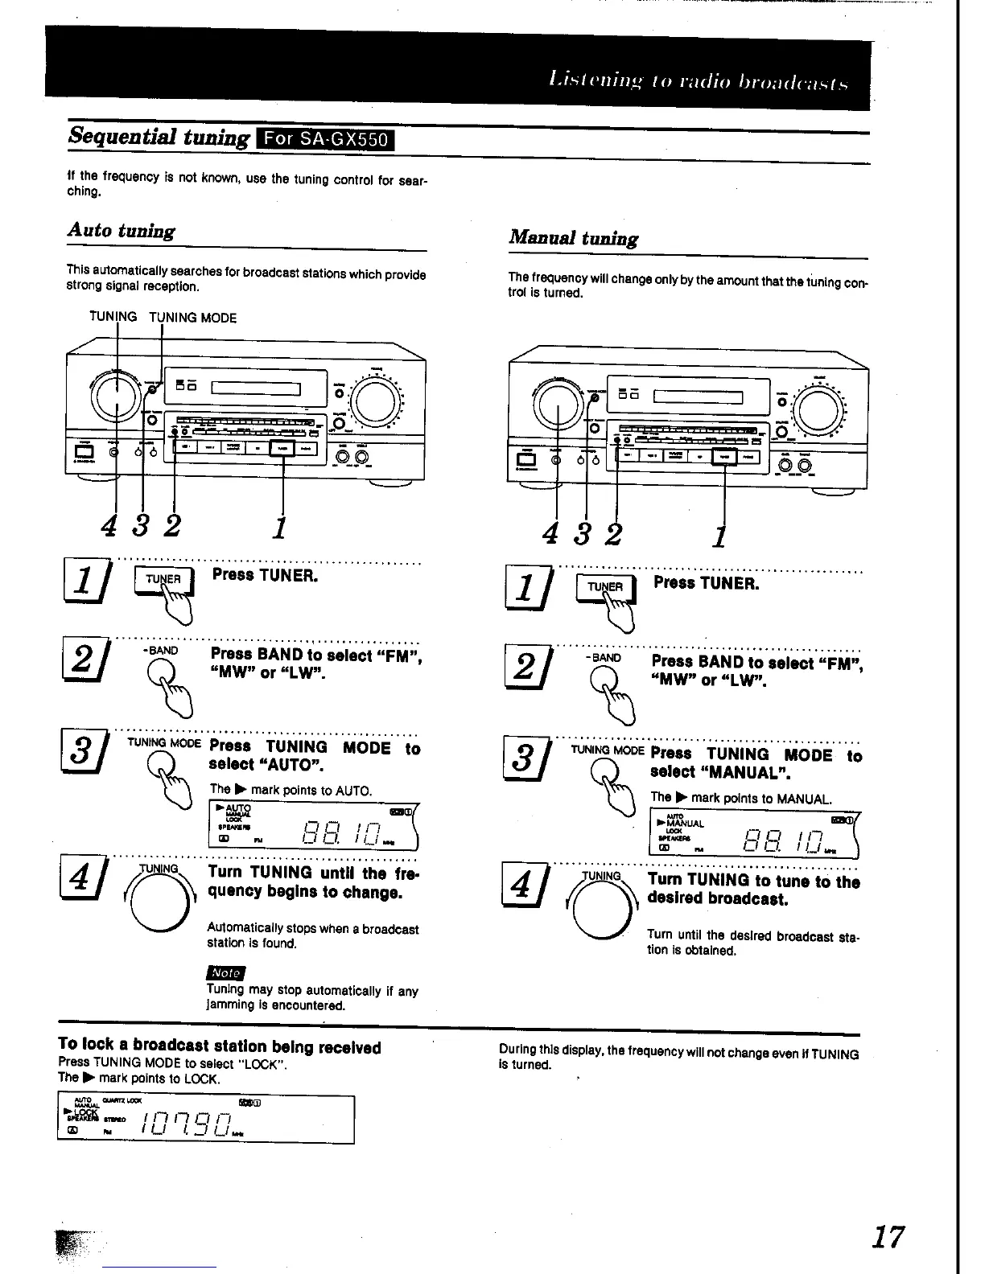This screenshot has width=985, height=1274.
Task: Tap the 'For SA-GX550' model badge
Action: [x=324, y=139]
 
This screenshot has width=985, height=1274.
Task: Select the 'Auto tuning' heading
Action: [x=121, y=231]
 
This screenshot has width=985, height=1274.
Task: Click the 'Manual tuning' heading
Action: [x=573, y=238]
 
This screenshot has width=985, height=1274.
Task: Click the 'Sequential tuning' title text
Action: [x=159, y=136]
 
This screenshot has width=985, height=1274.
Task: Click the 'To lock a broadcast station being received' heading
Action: [x=219, y=1047]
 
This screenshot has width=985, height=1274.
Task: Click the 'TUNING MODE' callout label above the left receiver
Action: [x=193, y=318]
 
